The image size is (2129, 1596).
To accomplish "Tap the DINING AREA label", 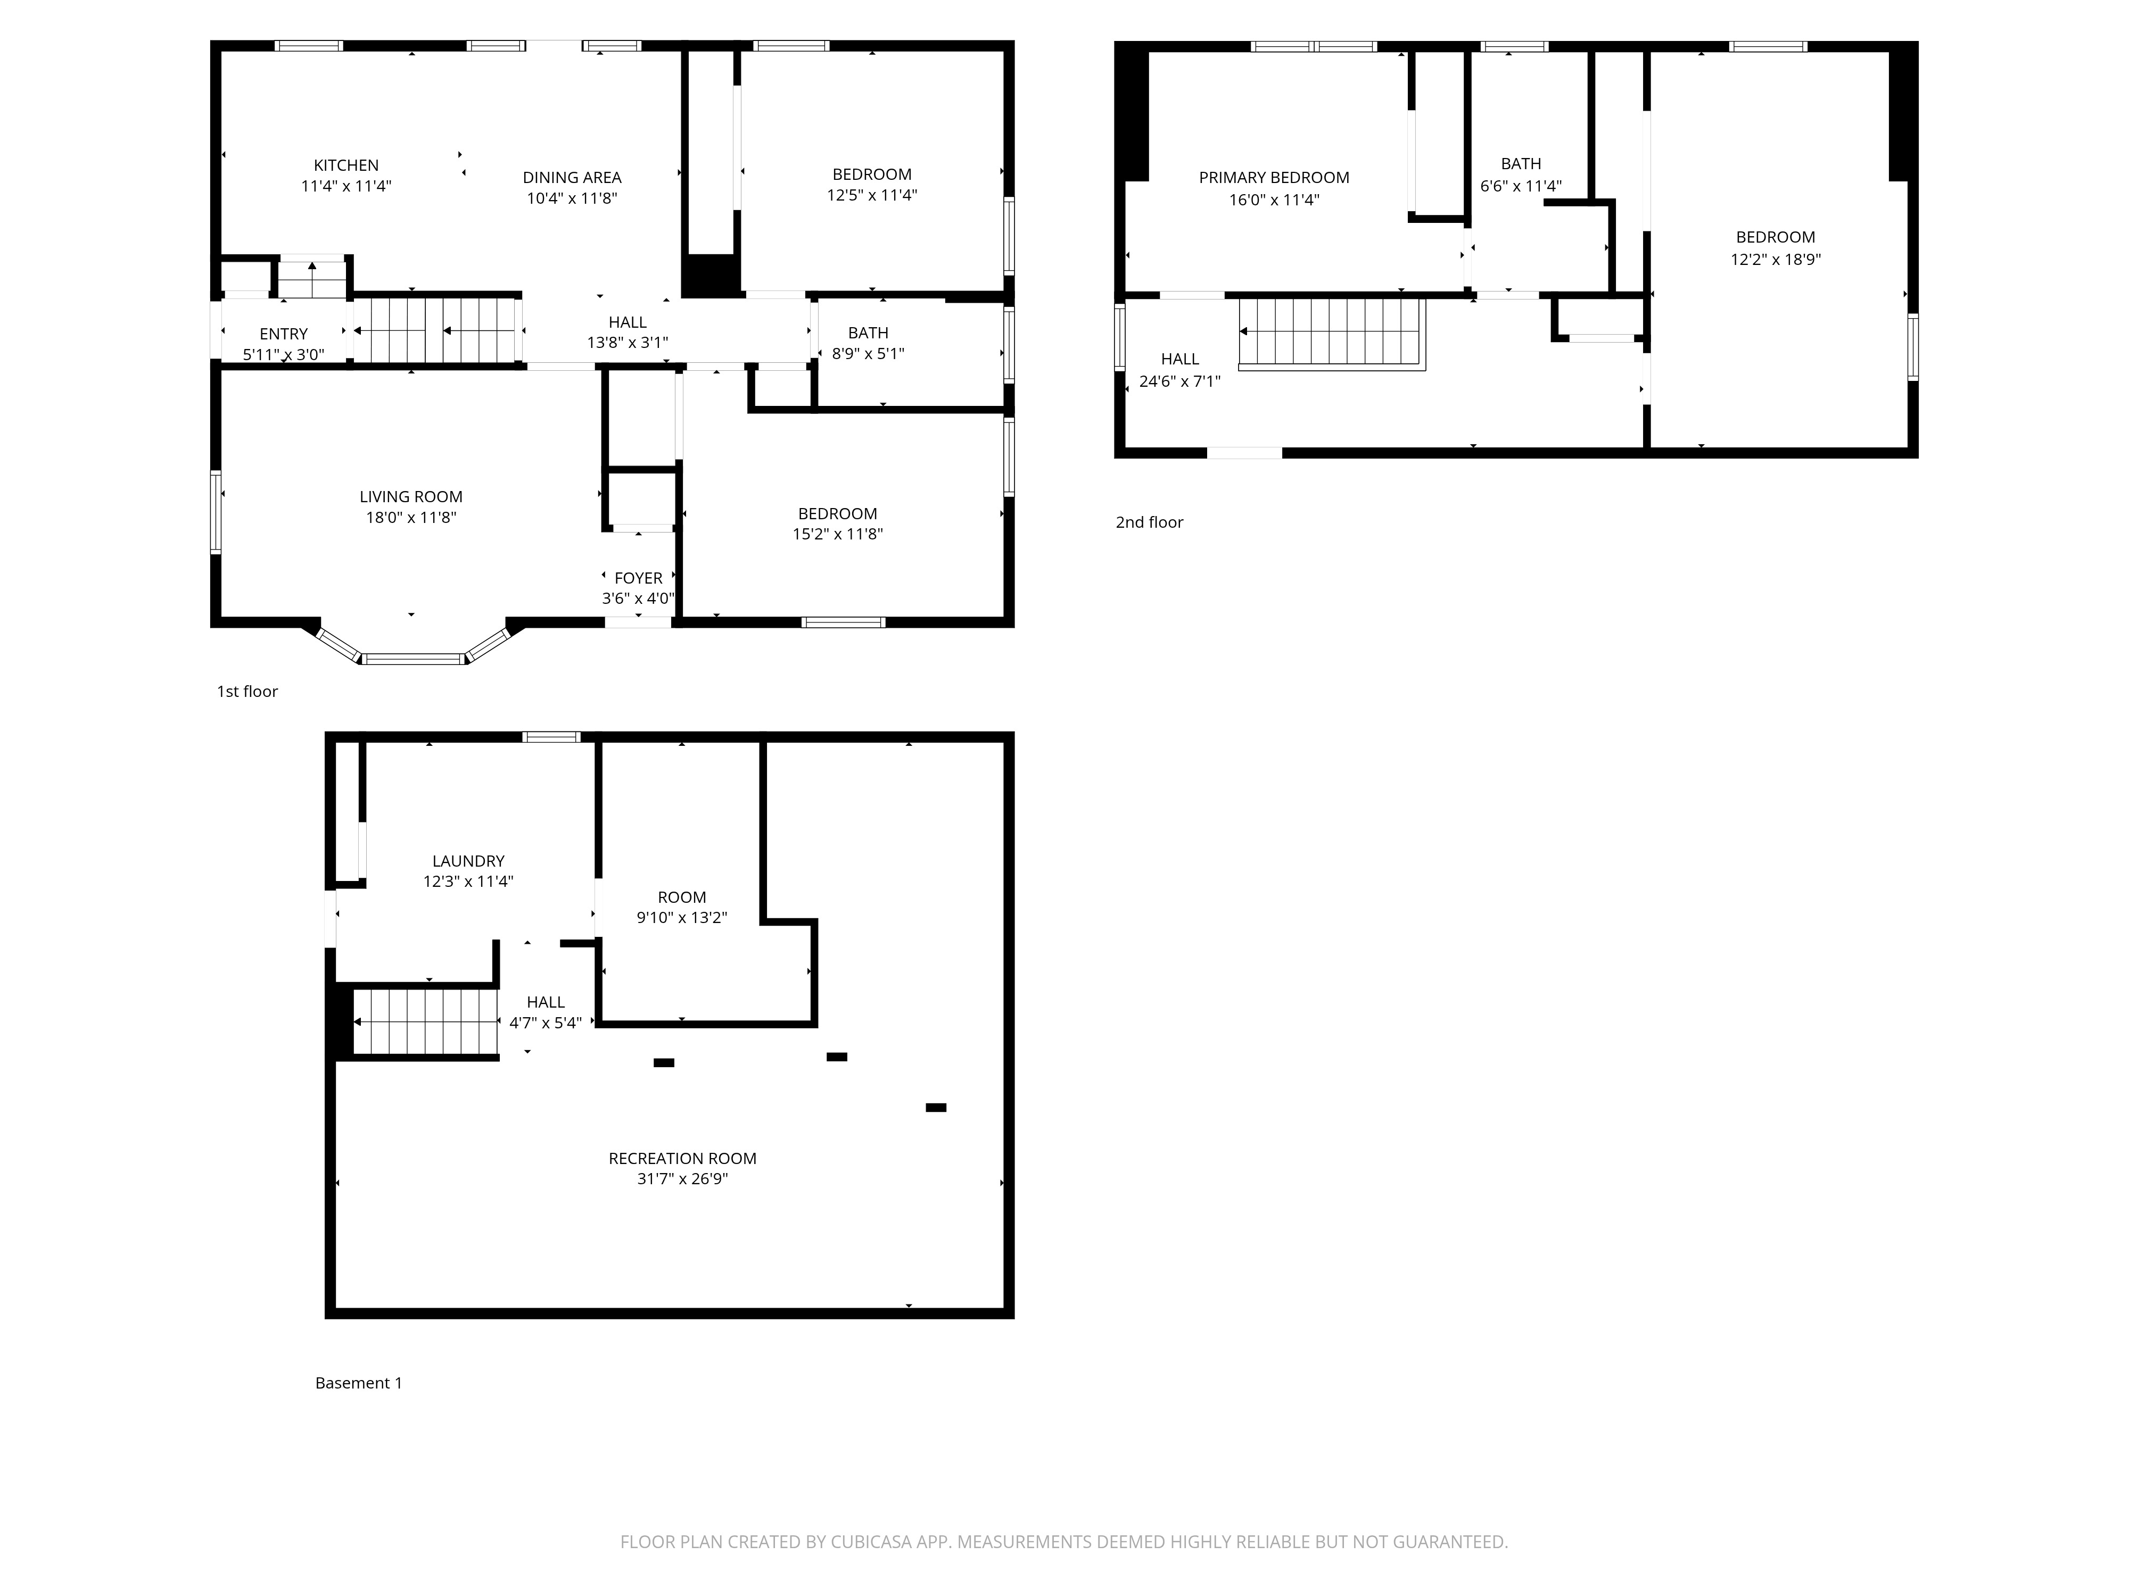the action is click(572, 178).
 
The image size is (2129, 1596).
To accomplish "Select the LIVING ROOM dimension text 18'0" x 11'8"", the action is click(411, 518).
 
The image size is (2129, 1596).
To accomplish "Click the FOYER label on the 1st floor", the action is click(638, 578).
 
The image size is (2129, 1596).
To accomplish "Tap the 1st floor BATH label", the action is click(868, 333).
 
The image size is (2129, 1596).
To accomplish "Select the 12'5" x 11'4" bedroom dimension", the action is click(872, 195).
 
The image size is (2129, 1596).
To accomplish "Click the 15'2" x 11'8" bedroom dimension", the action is click(837, 534).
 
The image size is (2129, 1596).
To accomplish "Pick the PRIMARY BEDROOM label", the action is click(1274, 178).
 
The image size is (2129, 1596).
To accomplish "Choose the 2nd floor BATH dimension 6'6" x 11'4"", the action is click(1521, 187).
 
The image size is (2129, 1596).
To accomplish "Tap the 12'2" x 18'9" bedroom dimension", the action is click(1776, 260).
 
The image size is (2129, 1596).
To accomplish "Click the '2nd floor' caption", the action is click(1149, 522).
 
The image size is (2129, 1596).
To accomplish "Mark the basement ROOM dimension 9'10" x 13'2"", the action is click(681, 918).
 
